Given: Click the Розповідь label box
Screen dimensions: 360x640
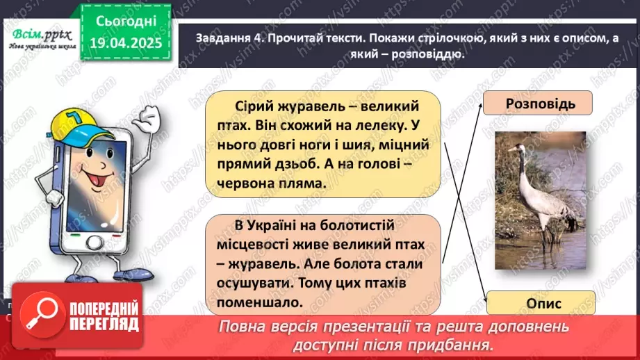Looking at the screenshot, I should pyautogui.click(x=540, y=104).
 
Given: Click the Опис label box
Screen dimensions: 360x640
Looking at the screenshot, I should pyautogui.click(x=540, y=303).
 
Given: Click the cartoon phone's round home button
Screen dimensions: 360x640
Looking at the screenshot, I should pyautogui.click(x=92, y=244).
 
